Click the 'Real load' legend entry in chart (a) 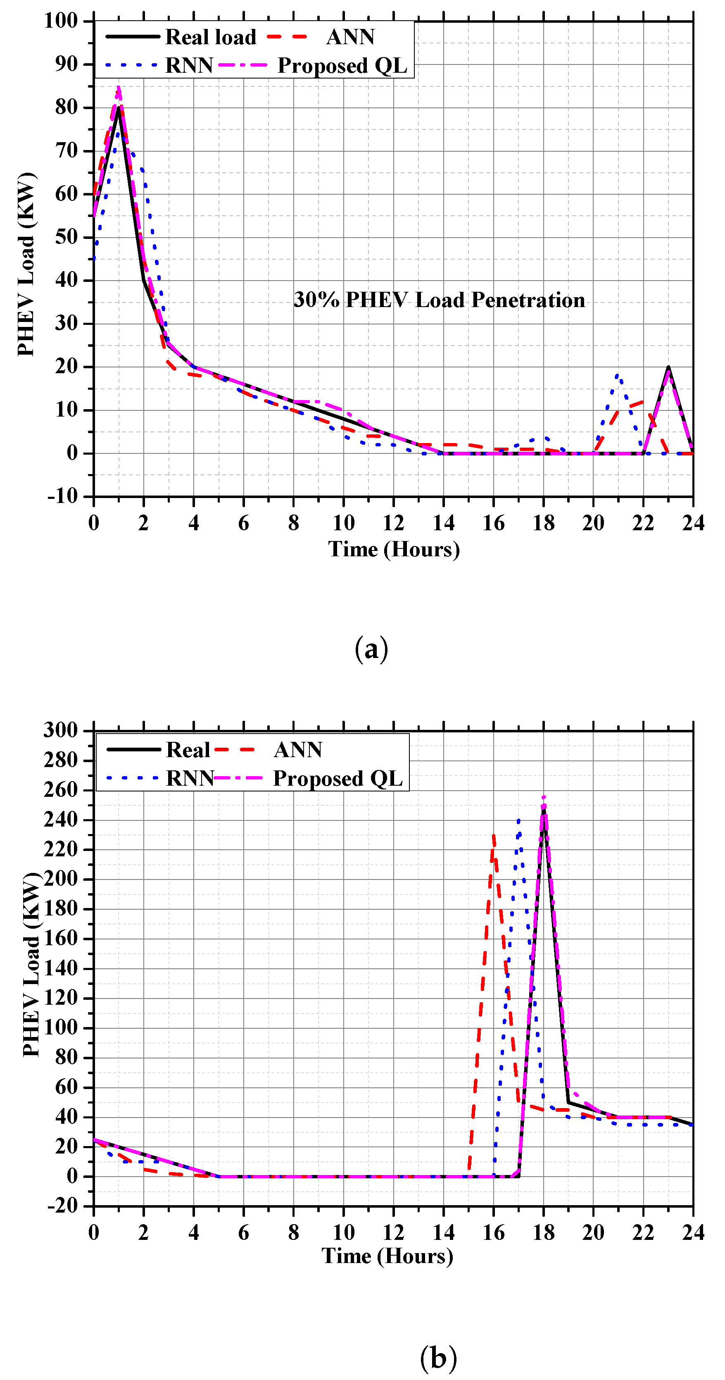pos(210,37)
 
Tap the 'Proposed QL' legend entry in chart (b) pos(338,778)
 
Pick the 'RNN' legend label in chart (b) pos(190,778)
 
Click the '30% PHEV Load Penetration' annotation pos(439,300)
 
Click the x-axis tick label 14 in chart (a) pos(443,523)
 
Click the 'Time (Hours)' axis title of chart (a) pos(394,549)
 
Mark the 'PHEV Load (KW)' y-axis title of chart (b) pos(31,964)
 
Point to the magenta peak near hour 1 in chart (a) pos(118,87)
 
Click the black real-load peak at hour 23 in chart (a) pos(668,367)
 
